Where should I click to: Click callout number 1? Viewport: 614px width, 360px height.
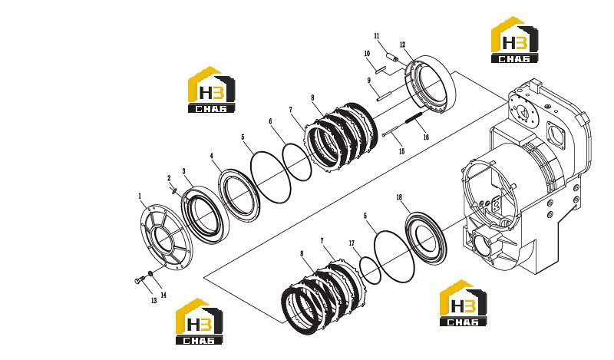(140, 196)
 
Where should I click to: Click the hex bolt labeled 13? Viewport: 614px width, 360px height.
(139, 279)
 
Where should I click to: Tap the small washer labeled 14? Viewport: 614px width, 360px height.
(150, 273)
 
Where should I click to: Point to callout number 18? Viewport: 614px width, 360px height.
(399, 197)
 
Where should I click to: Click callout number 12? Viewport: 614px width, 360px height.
(402, 45)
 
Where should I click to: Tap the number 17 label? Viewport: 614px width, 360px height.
(352, 243)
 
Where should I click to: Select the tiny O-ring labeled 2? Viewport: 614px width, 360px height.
(174, 191)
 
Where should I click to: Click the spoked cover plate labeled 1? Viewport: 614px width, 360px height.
(166, 236)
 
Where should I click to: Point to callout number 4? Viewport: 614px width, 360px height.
(212, 156)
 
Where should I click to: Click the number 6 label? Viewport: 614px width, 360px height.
(270, 121)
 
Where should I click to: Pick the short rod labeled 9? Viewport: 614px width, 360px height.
(385, 96)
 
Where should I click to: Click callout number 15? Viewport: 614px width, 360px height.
(401, 151)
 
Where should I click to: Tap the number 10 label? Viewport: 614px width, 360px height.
(367, 54)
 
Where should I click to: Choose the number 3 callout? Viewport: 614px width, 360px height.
(183, 171)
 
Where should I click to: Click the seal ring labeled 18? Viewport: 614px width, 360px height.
(426, 238)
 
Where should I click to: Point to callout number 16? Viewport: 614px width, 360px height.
(426, 137)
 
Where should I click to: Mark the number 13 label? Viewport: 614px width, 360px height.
(154, 300)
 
